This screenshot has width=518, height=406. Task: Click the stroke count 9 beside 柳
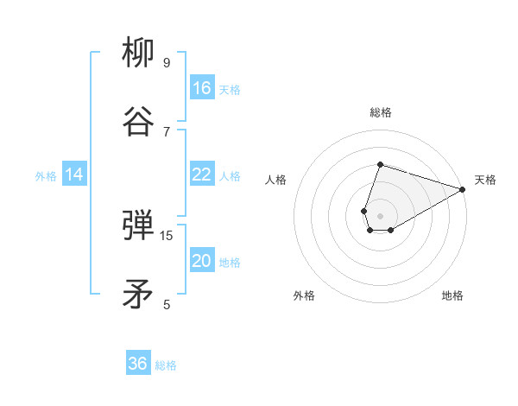pyautogui.click(x=167, y=62)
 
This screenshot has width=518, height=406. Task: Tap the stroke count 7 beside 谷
pyautogui.click(x=167, y=131)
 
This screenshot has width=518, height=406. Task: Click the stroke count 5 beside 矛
pyautogui.click(x=167, y=304)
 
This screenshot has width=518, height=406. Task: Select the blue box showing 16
pyautogui.click(x=202, y=88)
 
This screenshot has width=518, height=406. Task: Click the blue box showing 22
pyautogui.click(x=202, y=174)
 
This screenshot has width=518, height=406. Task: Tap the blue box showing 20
pyautogui.click(x=202, y=261)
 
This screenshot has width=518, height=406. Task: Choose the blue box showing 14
pyautogui.click(x=74, y=174)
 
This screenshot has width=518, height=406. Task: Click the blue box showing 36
pyautogui.click(x=138, y=364)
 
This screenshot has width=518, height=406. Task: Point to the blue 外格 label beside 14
pyautogui.click(x=46, y=176)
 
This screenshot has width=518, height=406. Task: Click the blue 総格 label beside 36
pyautogui.click(x=166, y=365)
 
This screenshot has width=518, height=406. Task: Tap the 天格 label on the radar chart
pyautogui.click(x=485, y=180)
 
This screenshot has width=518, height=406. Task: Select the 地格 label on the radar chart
pyautogui.click(x=452, y=295)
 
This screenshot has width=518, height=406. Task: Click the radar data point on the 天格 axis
pyautogui.click(x=463, y=188)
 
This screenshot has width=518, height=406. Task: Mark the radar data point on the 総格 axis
pyautogui.click(x=380, y=164)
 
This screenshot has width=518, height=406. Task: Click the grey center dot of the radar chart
pyautogui.click(x=380, y=215)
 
